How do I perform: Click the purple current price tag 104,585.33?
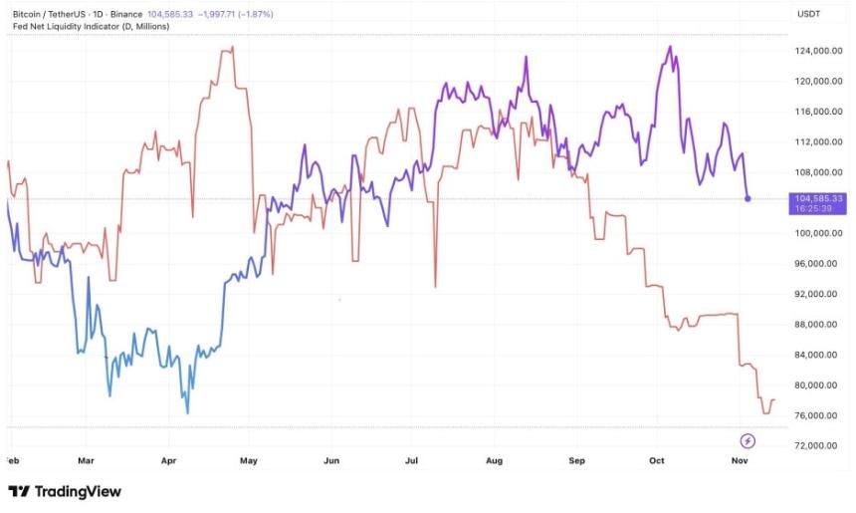click(x=817, y=199)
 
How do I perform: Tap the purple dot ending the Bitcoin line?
click(x=749, y=199)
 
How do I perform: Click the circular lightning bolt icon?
click(x=749, y=440)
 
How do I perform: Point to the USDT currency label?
click(x=808, y=14)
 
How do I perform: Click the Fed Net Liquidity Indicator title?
click(x=89, y=26)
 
